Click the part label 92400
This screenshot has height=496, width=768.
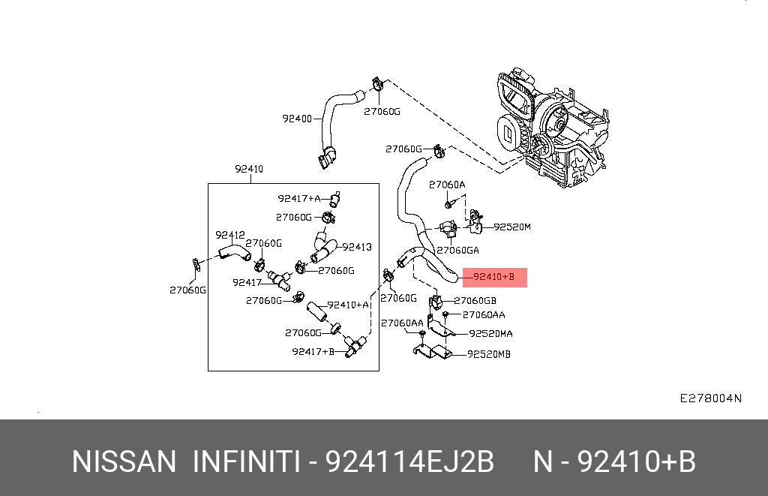297,119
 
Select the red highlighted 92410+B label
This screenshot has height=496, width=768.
494,278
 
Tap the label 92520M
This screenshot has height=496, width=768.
511,227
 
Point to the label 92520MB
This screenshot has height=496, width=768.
488,354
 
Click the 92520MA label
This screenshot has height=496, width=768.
490,334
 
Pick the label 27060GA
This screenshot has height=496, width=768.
457,251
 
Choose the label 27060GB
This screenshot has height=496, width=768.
475,301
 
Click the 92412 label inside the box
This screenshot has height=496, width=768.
230,235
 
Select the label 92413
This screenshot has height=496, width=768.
357,246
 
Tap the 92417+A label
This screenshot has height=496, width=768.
298,199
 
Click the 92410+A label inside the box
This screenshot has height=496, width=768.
349,305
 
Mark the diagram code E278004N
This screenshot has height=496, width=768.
710,398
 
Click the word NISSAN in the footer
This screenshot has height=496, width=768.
124,461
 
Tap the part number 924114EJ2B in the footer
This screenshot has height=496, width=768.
409,461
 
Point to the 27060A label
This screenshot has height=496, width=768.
447,185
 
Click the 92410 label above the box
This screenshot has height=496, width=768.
248,170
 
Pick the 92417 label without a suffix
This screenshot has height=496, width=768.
247,283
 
